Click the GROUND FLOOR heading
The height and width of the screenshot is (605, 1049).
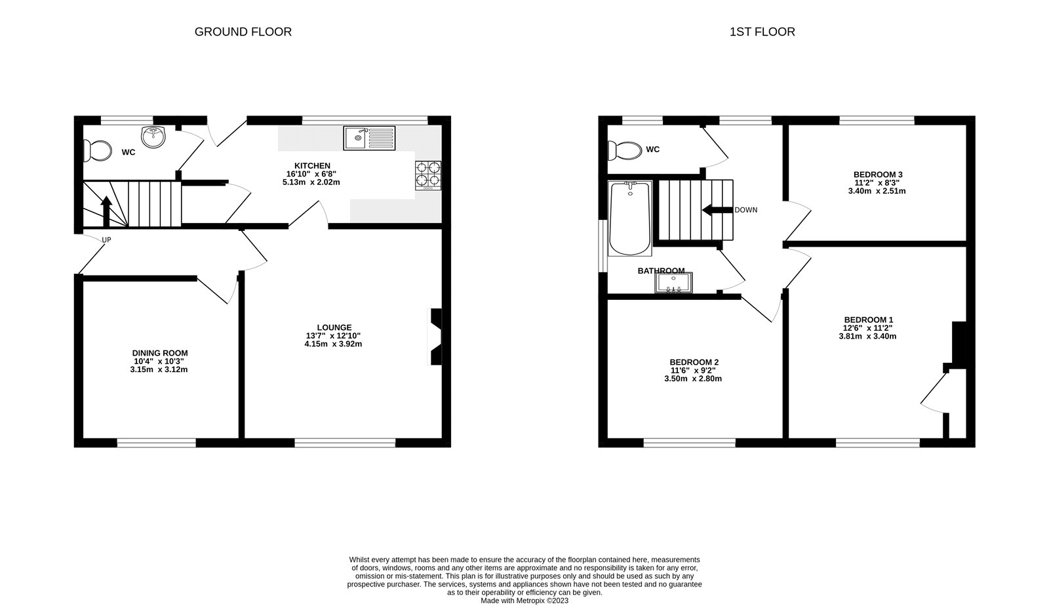click(x=243, y=31)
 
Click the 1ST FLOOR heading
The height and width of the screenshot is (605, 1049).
click(x=762, y=31)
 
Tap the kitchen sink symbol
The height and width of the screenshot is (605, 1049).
click(x=370, y=138)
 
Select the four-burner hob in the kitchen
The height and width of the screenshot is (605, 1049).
click(x=427, y=175)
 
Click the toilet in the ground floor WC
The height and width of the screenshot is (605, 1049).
click(x=96, y=151)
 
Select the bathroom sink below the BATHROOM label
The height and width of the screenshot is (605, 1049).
click(x=673, y=283)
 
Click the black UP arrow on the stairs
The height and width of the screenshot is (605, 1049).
click(x=106, y=211)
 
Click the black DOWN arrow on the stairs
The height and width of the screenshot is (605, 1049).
click(x=715, y=210)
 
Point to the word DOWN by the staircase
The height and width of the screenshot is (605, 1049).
click(x=745, y=210)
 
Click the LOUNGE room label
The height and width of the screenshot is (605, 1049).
click(x=334, y=327)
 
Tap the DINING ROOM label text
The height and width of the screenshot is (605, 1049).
click(x=160, y=353)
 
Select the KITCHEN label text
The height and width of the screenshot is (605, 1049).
click(x=312, y=165)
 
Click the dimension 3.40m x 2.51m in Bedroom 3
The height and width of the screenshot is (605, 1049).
click(x=878, y=191)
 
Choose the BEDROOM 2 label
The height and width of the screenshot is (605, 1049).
click(x=694, y=362)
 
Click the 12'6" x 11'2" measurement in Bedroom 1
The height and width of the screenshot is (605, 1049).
click(x=867, y=328)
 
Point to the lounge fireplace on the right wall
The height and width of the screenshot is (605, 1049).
click(x=435, y=336)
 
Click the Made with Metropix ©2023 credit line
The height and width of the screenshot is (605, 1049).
click(x=524, y=600)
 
